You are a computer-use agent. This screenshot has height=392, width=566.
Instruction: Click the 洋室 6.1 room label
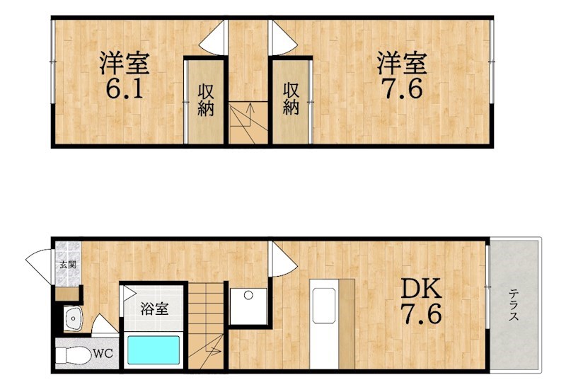pos(124,76)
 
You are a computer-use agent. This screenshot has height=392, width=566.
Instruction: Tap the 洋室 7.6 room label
pos(401,76)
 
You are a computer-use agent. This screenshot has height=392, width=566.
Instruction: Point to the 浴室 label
pos(154,309)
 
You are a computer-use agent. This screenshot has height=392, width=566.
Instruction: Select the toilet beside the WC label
pos(74,353)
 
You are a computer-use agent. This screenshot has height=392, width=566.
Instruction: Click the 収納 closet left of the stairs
pos(205,100)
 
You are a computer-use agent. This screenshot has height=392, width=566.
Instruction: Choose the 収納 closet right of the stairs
pos(291,100)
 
